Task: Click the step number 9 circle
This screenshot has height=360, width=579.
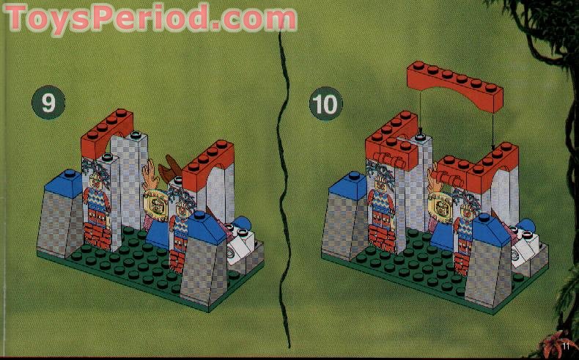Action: pos(48,103)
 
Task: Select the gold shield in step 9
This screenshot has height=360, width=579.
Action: pos(157,203)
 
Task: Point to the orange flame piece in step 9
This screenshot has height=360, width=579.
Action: pos(152,175)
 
